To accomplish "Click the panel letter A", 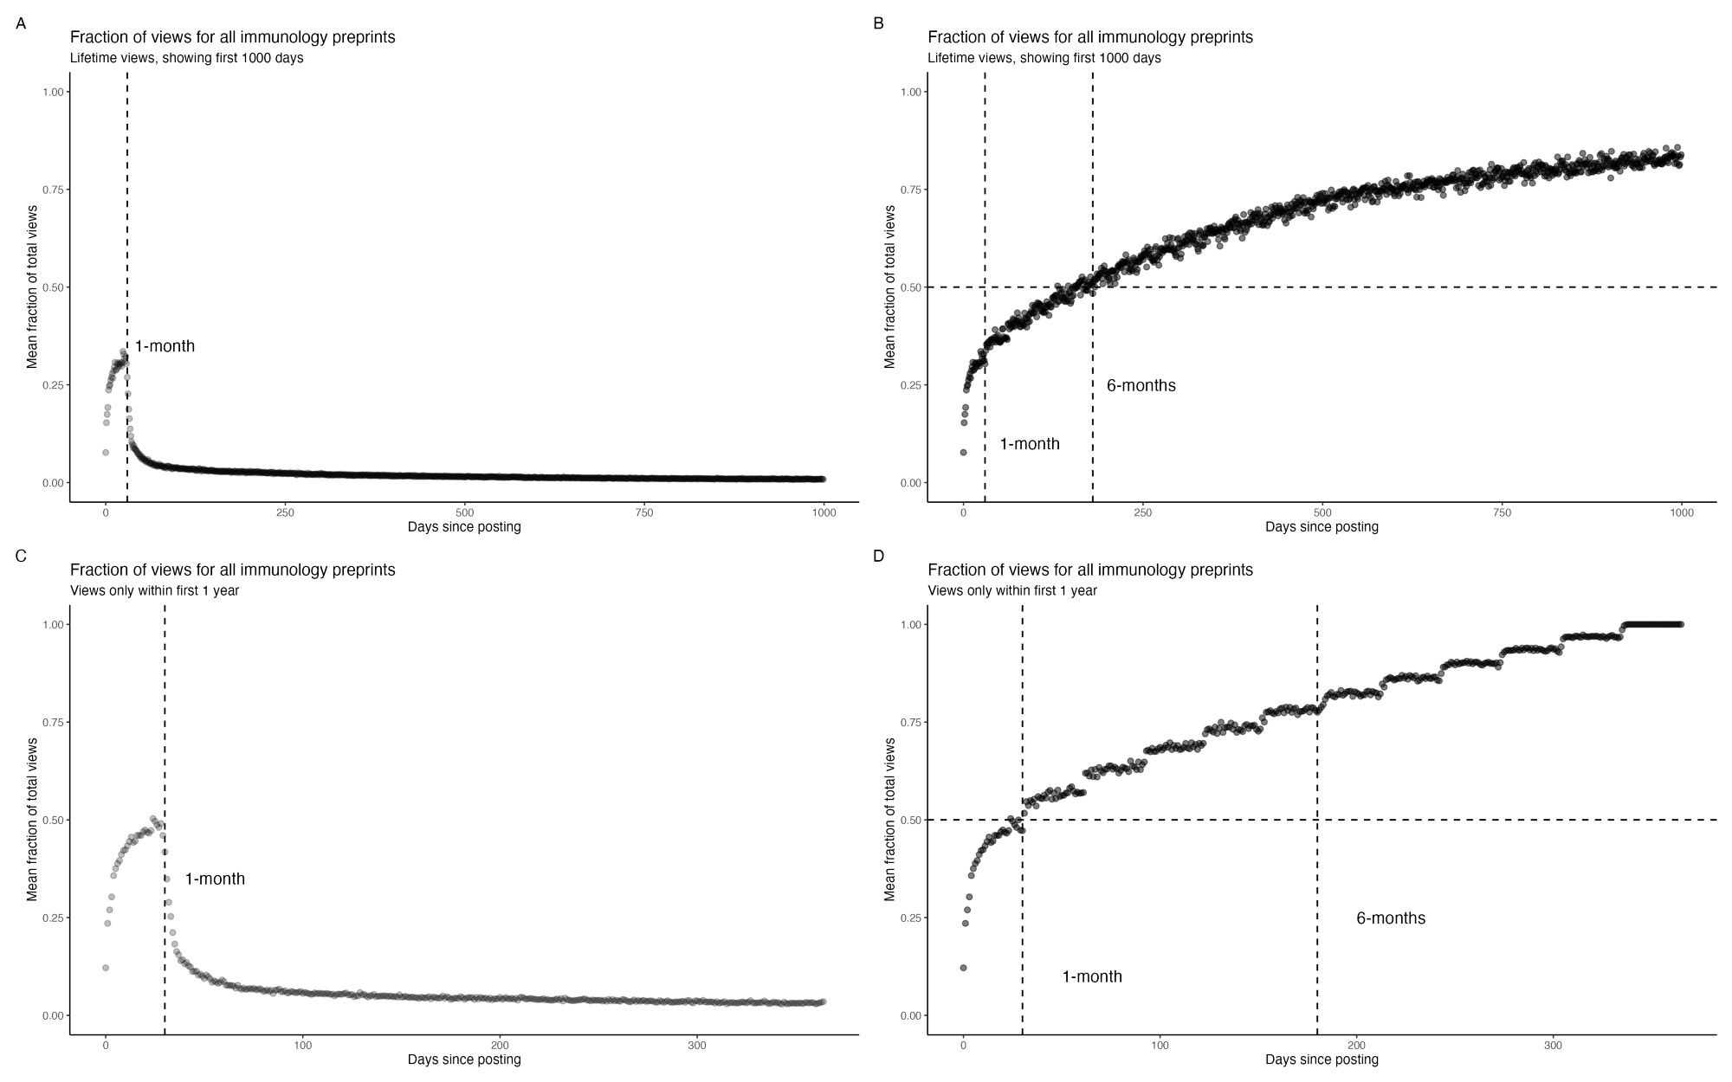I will (x=21, y=24).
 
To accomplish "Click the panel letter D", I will (x=878, y=556).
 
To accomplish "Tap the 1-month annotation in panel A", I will (x=165, y=346).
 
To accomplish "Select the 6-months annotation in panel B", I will (x=1141, y=385).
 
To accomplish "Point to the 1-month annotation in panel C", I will (x=215, y=879).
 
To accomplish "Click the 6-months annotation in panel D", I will (x=1390, y=918).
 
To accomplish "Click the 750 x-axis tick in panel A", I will (x=644, y=512).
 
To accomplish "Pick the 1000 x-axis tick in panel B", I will (x=1681, y=512).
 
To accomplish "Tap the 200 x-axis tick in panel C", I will (x=500, y=1045).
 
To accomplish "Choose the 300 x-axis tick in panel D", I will (x=1554, y=1045).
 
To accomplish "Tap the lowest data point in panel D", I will (x=963, y=968).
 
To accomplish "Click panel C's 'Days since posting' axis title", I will (x=464, y=1059).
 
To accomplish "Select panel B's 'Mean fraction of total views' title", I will (x=889, y=287).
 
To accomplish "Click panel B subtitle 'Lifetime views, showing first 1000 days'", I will (x=1044, y=58).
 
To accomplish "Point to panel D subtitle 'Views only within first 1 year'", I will (x=1011, y=590).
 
